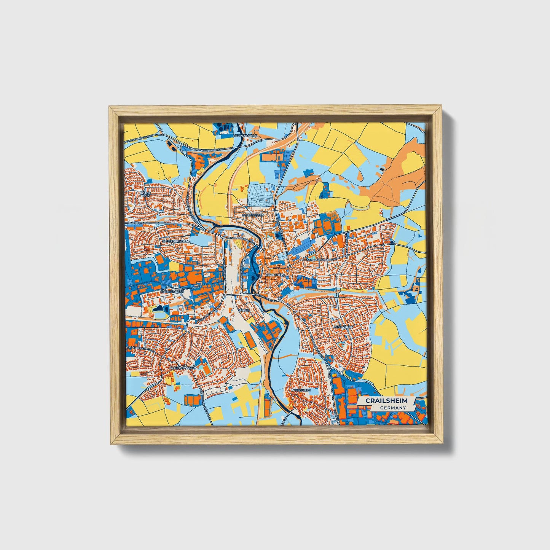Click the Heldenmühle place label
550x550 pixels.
[x=246, y=136]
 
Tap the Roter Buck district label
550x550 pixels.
[x=146, y=194]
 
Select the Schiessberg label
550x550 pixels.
[x=253, y=215]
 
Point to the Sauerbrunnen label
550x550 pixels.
[x=175, y=241]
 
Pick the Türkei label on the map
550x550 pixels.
[x=243, y=310]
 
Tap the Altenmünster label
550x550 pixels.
[x=183, y=368]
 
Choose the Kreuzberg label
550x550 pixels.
[x=343, y=327]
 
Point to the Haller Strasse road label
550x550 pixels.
[x=139, y=223]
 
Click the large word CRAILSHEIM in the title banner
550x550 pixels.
[x=386, y=401]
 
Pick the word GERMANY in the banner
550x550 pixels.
[x=393, y=408]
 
